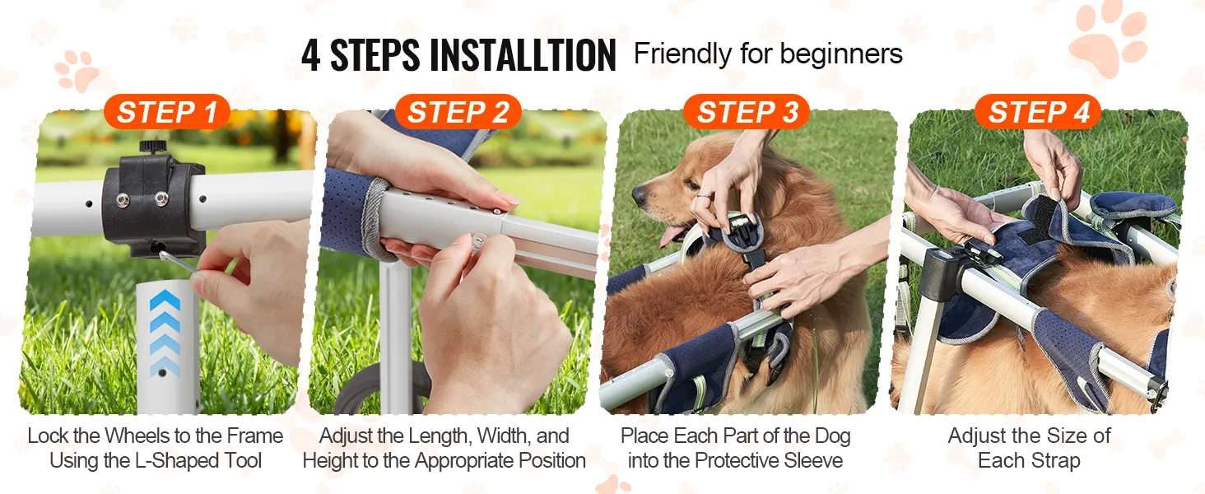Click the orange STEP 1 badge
167,112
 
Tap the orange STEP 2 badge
458,112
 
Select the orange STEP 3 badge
747,112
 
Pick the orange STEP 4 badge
1038,112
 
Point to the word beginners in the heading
841,54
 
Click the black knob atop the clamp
154,147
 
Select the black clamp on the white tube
153,204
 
